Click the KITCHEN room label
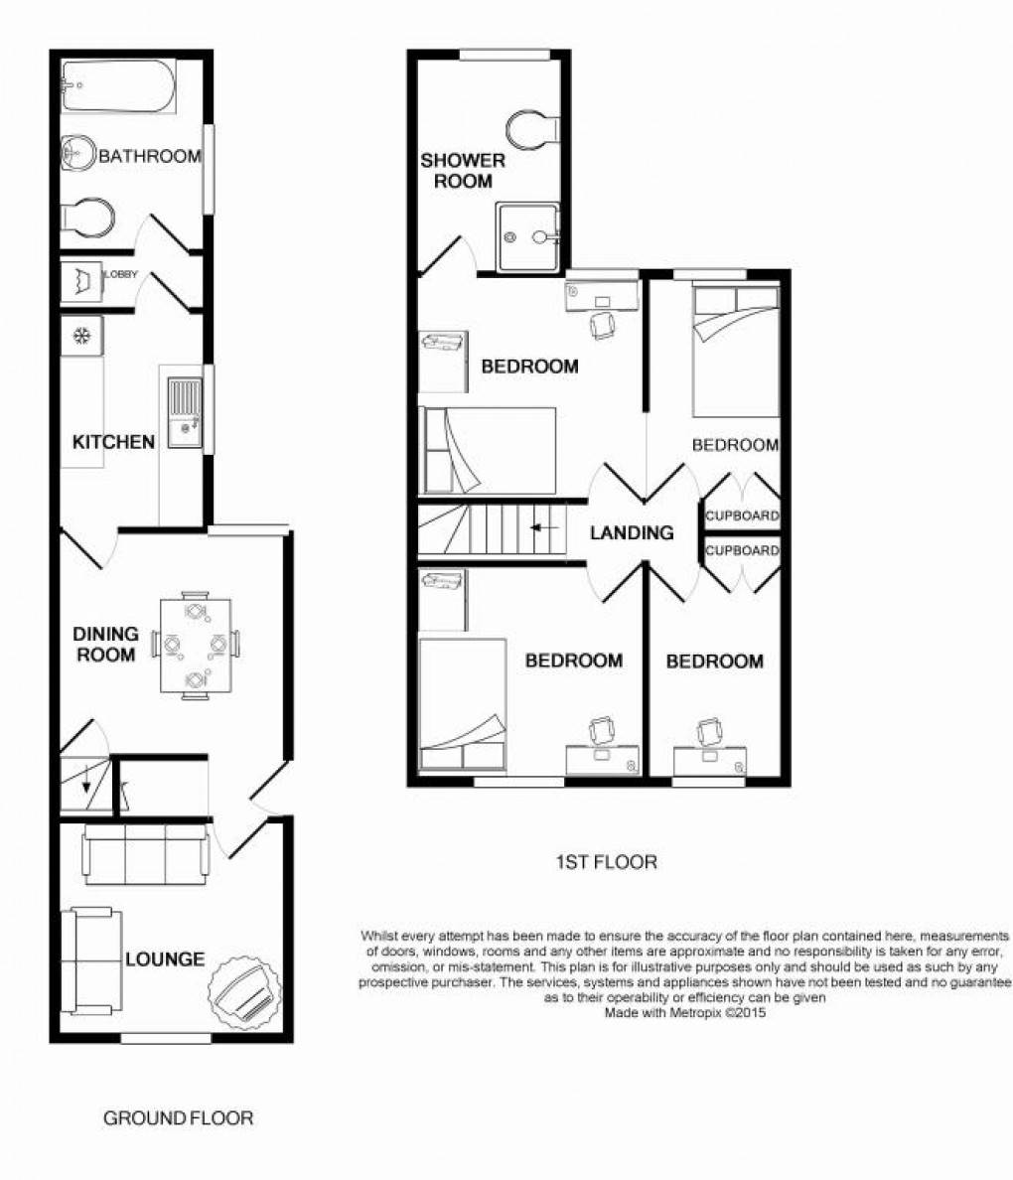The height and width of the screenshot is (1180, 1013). (113, 442)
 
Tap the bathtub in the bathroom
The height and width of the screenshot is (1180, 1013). (118, 85)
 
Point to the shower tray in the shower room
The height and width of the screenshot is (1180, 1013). (527, 237)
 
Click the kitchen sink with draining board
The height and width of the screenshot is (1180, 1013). (185, 413)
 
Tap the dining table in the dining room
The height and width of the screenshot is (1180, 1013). (196, 647)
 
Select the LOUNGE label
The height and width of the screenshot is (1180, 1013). (165, 959)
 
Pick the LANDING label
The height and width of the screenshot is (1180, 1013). (632, 533)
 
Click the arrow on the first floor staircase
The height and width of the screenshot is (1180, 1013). (542, 527)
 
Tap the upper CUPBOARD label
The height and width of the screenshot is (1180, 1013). (742, 516)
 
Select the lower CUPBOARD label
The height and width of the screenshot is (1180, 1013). (742, 550)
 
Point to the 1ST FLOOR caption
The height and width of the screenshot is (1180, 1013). (606, 862)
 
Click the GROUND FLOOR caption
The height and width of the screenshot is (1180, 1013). (179, 1118)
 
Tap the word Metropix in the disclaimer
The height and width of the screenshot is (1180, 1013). (689, 1014)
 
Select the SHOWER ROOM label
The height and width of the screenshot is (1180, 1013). (463, 171)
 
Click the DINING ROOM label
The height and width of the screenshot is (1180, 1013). (105, 645)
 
